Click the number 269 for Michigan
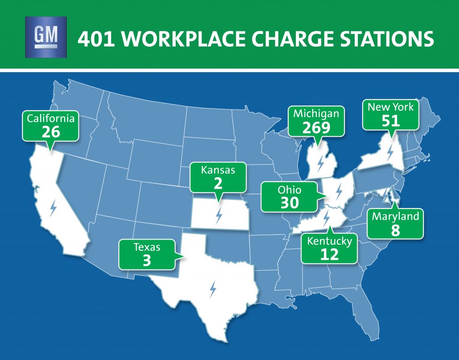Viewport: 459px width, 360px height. (x=316, y=127)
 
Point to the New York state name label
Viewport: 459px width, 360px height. (x=390, y=107)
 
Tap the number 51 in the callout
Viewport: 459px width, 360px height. (x=390, y=121)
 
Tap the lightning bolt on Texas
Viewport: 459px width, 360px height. (x=212, y=289)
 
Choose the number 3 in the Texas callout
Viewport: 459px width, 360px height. (x=147, y=260)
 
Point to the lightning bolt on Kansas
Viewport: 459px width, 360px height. (x=219, y=215)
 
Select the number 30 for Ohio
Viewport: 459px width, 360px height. (x=290, y=203)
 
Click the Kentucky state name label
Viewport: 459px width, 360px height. (x=329, y=241)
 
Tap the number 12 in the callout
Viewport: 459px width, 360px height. (x=329, y=255)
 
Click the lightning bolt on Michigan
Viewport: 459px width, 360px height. (x=320, y=163)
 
